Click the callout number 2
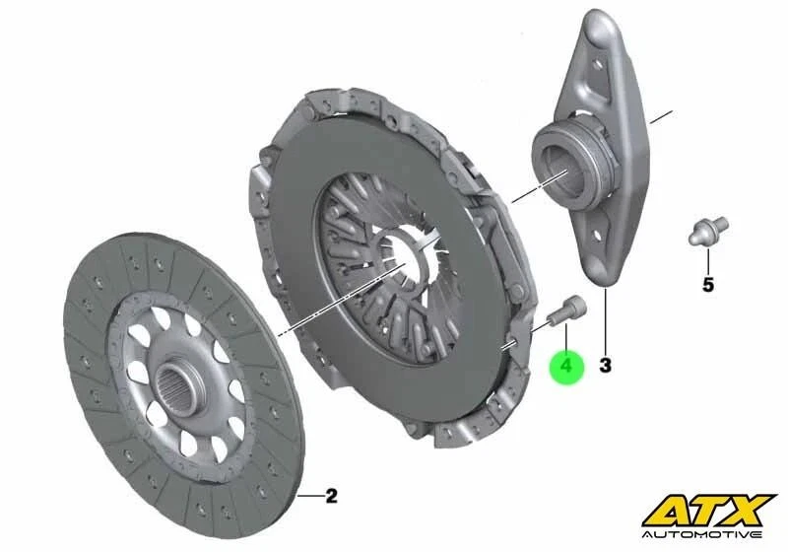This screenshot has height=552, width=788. (331, 496)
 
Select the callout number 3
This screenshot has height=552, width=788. (605, 366)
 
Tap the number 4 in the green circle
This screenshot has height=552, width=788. (566, 367)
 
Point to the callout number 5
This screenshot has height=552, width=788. (707, 286)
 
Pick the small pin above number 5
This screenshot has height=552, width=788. (705, 233)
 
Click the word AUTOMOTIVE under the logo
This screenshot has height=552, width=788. (708, 533)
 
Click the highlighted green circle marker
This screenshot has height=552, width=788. (566, 367)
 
